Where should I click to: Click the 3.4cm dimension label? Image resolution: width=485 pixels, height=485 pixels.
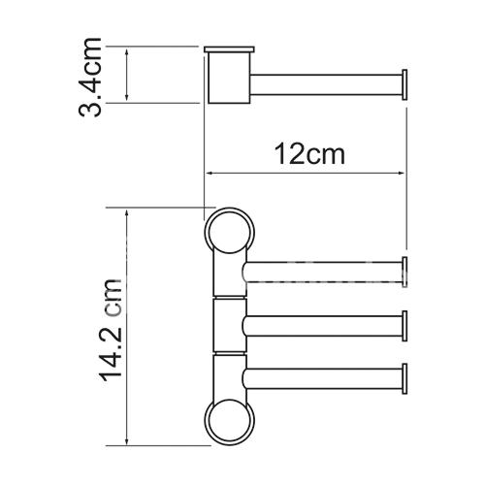[x=90, y=77]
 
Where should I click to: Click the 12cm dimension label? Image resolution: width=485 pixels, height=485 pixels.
[x=309, y=154]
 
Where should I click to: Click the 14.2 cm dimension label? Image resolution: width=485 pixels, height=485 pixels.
[x=113, y=330]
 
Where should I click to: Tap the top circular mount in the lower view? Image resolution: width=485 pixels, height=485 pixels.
[x=230, y=232]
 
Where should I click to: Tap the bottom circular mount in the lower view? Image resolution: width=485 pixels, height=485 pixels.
[x=230, y=421]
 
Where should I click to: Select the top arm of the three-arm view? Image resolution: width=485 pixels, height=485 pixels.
[x=322, y=272]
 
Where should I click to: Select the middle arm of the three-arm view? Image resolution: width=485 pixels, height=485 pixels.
[x=322, y=326]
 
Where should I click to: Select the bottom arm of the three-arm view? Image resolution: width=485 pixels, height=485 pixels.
[x=322, y=378]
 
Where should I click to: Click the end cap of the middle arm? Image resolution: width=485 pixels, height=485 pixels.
[x=404, y=326]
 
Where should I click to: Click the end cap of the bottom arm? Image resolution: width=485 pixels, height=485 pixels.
[x=404, y=378]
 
